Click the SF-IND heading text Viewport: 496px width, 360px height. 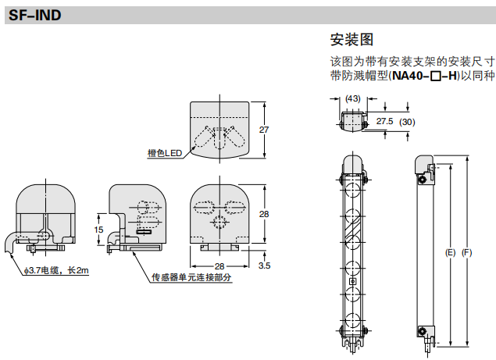point(34,15)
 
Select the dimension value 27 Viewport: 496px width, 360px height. point(264,130)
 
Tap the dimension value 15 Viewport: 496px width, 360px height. point(98,230)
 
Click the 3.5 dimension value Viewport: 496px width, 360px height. point(265,266)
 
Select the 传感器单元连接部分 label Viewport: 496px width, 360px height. point(192,279)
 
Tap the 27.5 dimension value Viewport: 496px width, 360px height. point(384,122)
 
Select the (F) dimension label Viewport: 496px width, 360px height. point(467,253)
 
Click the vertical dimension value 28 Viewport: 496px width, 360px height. point(264,213)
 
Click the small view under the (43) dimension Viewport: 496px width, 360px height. point(354,118)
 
